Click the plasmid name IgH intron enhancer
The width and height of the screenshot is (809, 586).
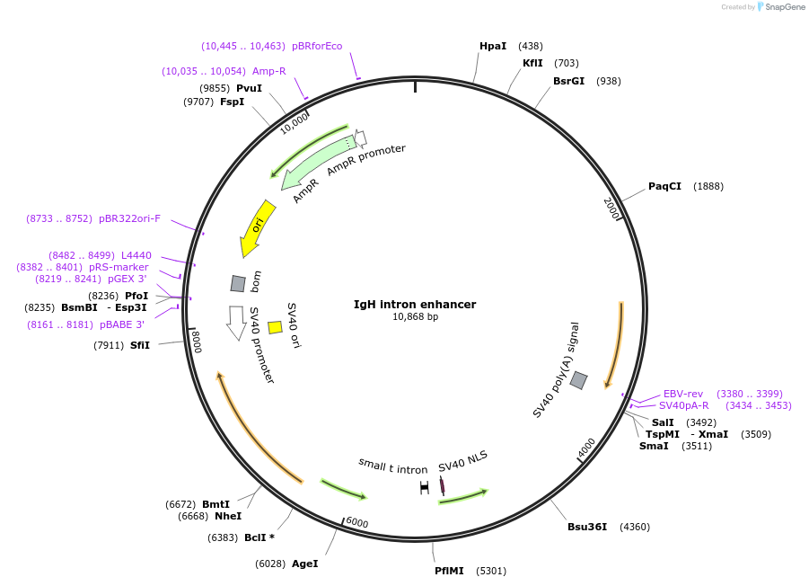[x=415, y=304]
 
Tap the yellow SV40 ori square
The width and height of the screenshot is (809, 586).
[x=276, y=327]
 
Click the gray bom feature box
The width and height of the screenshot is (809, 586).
[x=238, y=283]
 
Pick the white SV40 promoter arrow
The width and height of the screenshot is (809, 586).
[x=237, y=323]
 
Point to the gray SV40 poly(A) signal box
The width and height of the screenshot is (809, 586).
[x=579, y=380]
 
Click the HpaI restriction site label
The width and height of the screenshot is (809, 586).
[x=493, y=46]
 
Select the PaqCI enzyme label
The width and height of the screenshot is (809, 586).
[x=664, y=186]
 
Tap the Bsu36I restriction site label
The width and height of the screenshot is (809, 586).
[x=587, y=527]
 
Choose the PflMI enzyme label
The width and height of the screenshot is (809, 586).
[x=449, y=570]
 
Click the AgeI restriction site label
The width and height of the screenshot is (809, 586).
[x=304, y=564]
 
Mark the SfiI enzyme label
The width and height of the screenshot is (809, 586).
[x=140, y=345]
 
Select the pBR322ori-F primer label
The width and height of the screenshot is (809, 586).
[x=129, y=218]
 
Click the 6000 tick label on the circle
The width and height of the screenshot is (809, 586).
[x=357, y=523]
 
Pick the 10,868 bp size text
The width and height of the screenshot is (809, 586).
[x=415, y=316]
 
